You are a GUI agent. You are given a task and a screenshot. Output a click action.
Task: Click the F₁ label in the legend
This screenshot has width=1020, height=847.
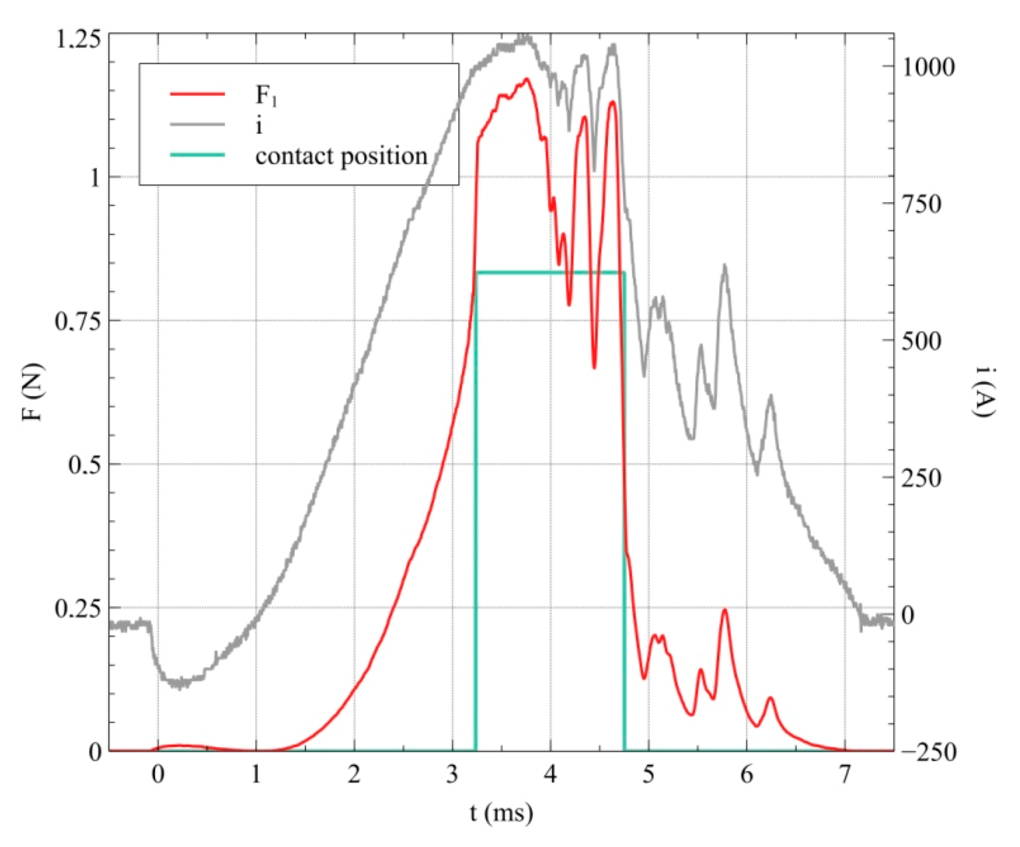click(266, 96)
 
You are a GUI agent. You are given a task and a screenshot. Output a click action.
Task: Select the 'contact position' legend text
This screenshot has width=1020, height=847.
click(341, 156)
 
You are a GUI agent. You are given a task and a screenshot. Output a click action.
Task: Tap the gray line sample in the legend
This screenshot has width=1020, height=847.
click(197, 125)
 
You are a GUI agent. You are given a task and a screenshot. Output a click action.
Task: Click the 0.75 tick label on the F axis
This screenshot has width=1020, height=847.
click(78, 321)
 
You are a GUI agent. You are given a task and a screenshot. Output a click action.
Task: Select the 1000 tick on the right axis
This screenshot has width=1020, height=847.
click(928, 67)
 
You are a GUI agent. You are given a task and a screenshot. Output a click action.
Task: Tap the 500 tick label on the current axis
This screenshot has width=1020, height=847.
click(921, 341)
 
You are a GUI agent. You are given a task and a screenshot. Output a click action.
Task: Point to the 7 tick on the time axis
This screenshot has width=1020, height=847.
click(845, 774)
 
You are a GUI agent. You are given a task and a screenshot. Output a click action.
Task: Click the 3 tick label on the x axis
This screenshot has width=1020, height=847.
click(452, 774)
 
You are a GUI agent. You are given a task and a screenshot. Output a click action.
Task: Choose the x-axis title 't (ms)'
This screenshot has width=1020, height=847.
click(501, 813)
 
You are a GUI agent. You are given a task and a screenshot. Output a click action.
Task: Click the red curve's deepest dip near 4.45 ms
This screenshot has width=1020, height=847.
click(594, 367)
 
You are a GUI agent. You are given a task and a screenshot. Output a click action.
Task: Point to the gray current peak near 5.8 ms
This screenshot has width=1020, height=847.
click(725, 266)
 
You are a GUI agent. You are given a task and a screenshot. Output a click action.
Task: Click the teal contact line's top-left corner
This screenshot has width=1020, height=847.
click(476, 272)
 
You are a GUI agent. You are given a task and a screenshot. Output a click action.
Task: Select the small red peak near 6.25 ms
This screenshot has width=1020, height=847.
click(771, 698)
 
